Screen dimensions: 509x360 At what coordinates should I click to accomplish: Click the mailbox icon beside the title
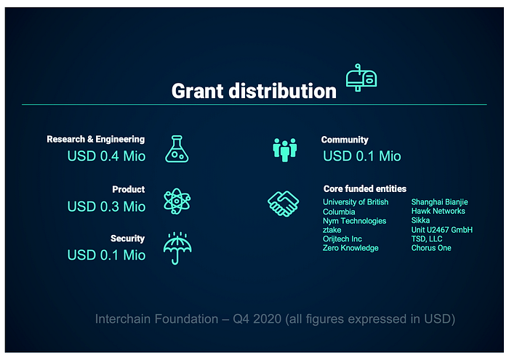pyautogui.click(x=361, y=78)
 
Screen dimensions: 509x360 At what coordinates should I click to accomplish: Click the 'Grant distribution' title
pyautogui.click(x=254, y=91)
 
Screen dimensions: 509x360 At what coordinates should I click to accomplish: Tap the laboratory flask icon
pyautogui.click(x=177, y=149)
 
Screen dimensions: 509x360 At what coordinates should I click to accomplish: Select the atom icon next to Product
pyautogui.click(x=177, y=201)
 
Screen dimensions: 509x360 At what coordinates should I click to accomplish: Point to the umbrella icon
pyautogui.click(x=177, y=248)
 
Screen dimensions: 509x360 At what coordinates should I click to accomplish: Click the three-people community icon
pyautogui.click(x=285, y=150)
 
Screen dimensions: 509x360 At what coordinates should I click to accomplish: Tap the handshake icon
pyautogui.click(x=283, y=204)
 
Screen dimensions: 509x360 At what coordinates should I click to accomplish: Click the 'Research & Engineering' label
pyautogui.click(x=96, y=139)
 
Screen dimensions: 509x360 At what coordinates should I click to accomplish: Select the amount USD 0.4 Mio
pyautogui.click(x=106, y=156)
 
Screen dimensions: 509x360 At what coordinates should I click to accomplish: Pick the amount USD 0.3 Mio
pyautogui.click(x=106, y=207)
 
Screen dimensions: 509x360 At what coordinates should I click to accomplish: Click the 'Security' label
pyautogui.click(x=127, y=239)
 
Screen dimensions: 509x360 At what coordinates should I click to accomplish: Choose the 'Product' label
pyautogui.click(x=129, y=189)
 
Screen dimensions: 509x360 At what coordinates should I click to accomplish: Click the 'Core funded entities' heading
pyautogui.click(x=365, y=188)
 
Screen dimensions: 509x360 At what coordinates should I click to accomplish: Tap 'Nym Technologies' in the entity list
pyautogui.click(x=355, y=221)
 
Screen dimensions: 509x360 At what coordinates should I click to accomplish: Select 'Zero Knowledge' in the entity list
pyautogui.click(x=350, y=248)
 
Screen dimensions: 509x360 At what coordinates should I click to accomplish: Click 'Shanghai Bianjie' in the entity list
pyautogui.click(x=439, y=202)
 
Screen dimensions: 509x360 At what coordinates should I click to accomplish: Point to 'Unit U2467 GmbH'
pyautogui.click(x=442, y=230)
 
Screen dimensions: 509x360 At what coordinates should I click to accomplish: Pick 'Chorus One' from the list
pyautogui.click(x=431, y=248)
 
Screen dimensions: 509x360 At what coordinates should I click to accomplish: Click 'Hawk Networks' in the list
pyautogui.click(x=438, y=211)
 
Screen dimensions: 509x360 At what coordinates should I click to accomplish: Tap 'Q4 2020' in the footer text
pyautogui.click(x=257, y=319)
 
